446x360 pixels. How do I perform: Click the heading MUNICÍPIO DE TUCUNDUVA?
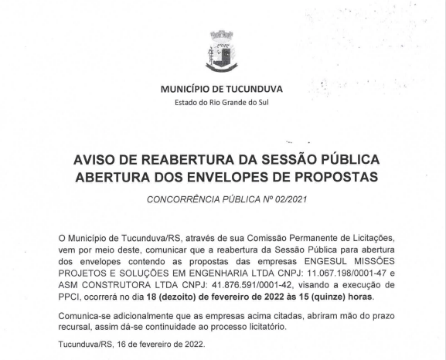[222, 90]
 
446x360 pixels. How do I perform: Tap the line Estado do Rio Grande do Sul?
[222, 103]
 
